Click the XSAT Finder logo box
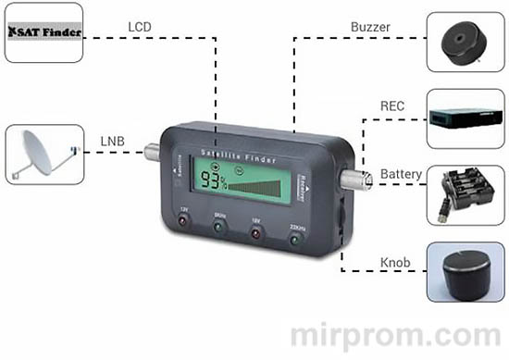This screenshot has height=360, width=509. (44, 32)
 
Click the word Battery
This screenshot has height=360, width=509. (401, 174)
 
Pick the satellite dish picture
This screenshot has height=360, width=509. (44, 154)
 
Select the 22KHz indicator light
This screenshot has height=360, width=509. (295, 239)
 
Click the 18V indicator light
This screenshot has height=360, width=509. (254, 235)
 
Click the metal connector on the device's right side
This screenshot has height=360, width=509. (354, 179)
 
